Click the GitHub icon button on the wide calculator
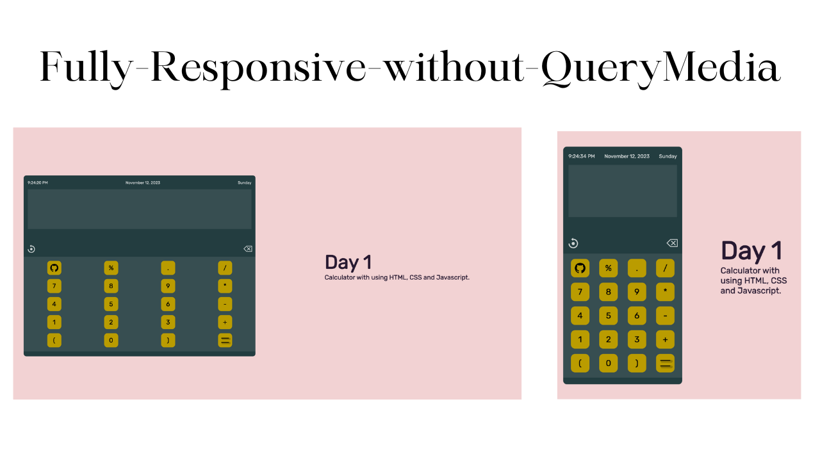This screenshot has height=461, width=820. [54, 268]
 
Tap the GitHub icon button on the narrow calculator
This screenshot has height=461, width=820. [580, 268]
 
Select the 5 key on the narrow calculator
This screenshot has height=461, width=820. [608, 316]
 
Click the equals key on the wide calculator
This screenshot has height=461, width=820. [225, 340]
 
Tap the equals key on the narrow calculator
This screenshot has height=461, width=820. [665, 364]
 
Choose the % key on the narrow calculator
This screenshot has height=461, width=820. [608, 268]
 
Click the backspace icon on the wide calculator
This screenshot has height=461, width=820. [248, 249]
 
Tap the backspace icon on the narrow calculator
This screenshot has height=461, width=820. [672, 243]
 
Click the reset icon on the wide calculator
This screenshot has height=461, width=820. [31, 249]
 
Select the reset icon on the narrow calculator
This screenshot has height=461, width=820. [573, 243]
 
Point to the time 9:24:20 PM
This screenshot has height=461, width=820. [38, 183]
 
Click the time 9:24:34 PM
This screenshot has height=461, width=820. [582, 156]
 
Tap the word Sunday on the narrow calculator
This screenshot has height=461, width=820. [668, 156]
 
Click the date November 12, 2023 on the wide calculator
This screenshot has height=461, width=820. [143, 183]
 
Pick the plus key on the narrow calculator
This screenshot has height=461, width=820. [665, 340]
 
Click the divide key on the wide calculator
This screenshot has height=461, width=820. [225, 268]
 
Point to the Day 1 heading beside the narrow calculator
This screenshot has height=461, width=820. [751, 252]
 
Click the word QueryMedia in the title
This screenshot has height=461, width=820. [660, 67]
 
